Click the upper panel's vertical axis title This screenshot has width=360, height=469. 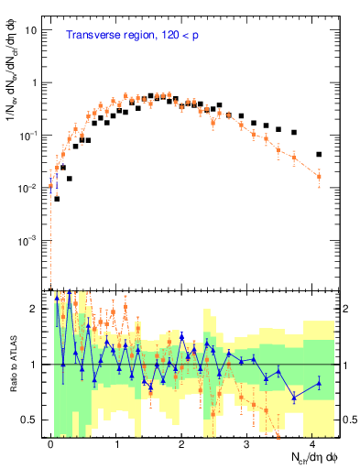(13, 90)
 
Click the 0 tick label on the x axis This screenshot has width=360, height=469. (51, 444)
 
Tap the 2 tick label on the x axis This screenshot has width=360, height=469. (182, 444)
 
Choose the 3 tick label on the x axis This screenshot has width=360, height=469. (247, 444)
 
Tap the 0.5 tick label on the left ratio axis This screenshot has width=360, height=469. (34, 420)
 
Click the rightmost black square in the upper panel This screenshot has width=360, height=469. (319, 155)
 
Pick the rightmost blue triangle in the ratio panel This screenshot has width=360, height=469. (319, 383)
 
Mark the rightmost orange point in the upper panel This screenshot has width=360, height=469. (319, 176)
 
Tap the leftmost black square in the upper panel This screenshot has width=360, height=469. (57, 199)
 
